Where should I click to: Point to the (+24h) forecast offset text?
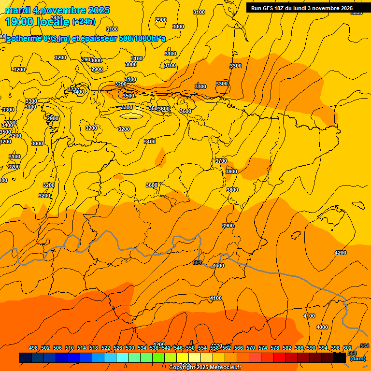[84, 22]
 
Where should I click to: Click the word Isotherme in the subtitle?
[24, 39]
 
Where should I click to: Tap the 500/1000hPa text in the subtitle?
[143, 39]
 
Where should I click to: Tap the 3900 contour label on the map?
[228, 226]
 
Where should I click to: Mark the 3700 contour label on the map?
[221, 161]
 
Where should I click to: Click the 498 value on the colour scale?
[33, 348]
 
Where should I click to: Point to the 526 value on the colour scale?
[118, 348]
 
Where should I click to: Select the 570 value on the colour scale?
[251, 348]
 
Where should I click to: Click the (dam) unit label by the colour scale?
[357, 358]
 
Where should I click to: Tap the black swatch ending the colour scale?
[340, 358]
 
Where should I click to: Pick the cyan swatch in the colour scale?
[122, 358]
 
